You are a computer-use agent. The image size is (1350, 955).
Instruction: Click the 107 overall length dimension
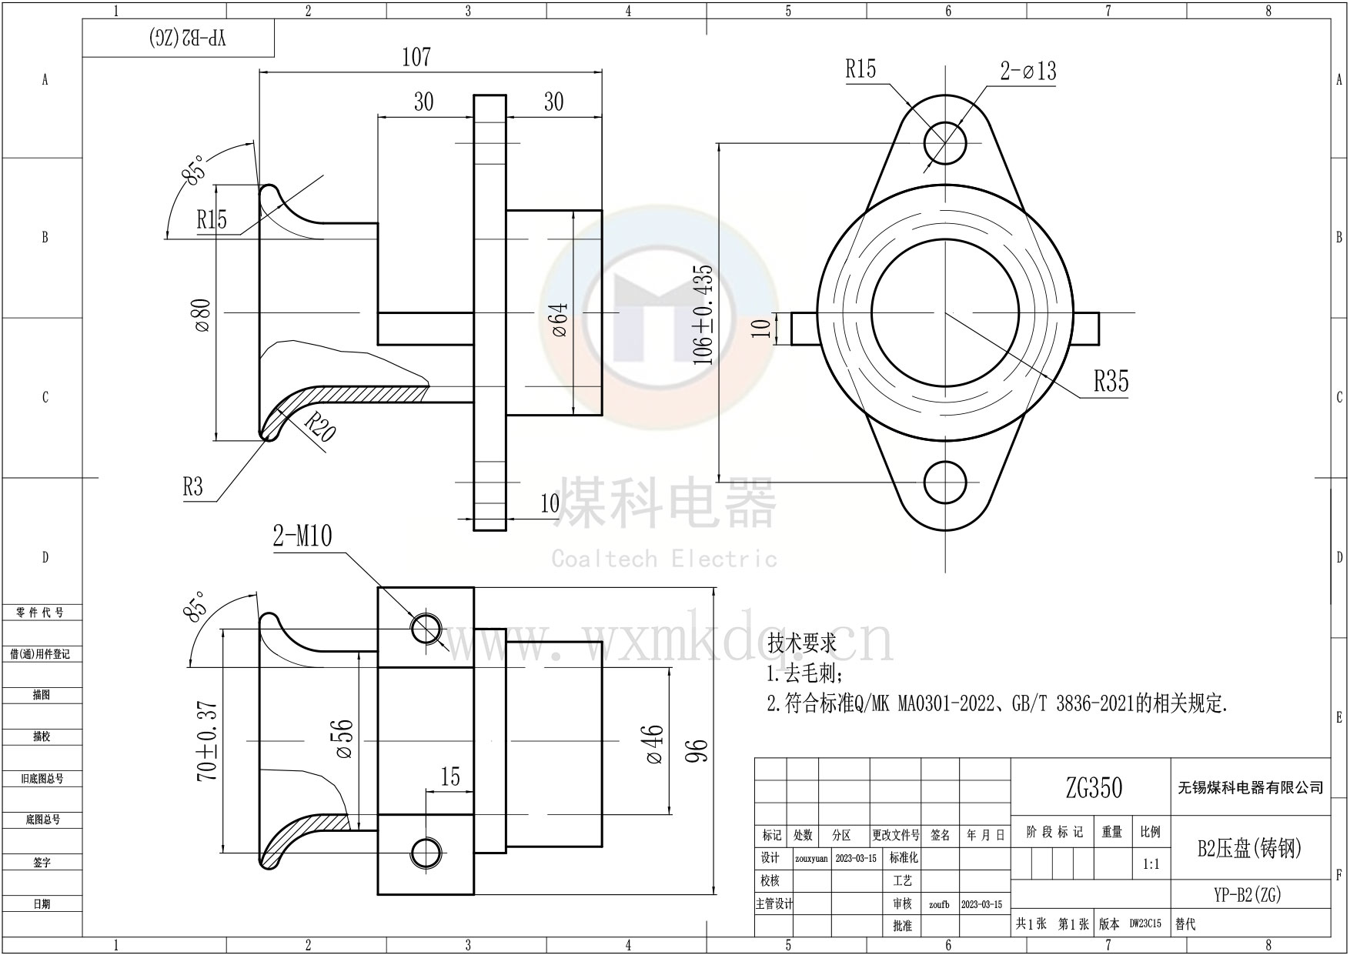point(416,58)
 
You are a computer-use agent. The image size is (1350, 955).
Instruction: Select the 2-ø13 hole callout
point(1028,72)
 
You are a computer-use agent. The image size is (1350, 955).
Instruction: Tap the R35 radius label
point(1111,381)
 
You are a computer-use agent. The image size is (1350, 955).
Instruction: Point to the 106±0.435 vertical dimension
point(703,314)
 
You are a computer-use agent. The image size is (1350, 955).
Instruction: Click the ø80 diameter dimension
point(203,315)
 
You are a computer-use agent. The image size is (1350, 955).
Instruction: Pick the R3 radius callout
point(193,487)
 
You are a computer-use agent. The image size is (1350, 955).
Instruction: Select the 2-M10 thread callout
point(302,536)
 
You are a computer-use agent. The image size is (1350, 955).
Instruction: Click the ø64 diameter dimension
point(560,319)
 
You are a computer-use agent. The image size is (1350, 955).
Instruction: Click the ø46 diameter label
point(654,743)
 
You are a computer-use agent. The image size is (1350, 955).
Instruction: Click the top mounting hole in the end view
point(945,142)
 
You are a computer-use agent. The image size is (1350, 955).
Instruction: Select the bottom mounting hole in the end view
point(945,483)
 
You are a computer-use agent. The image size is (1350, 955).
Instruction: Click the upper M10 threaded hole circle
point(426,629)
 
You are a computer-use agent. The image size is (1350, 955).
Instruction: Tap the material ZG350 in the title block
point(1094,787)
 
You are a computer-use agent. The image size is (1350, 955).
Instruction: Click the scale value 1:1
point(1151,864)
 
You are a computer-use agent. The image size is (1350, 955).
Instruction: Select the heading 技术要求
point(801,643)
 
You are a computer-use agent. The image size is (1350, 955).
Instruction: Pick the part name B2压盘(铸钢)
point(1249,849)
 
